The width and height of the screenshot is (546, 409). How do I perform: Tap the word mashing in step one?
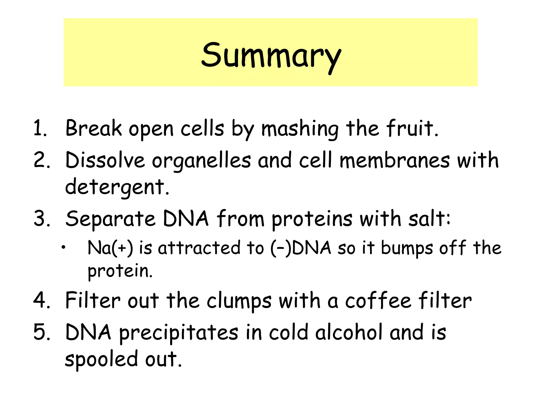pyautogui.click(x=300, y=129)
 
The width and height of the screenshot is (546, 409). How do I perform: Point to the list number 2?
pyautogui.click(x=41, y=160)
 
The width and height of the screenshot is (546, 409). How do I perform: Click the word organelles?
pyautogui.click(x=201, y=161)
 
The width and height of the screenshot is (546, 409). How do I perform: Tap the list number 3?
pyautogui.click(x=41, y=219)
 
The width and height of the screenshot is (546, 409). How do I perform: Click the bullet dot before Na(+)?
pyautogui.click(x=63, y=248)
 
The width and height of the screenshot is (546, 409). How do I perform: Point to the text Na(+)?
pyautogui.click(x=110, y=248)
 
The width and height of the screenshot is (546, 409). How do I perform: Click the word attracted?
pyautogui.click(x=199, y=248)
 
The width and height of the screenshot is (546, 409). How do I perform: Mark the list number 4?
pyautogui.click(x=41, y=300)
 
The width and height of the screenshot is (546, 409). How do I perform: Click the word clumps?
pyautogui.click(x=239, y=301)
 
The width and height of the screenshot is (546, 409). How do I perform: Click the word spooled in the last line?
pyautogui.click(x=101, y=359)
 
